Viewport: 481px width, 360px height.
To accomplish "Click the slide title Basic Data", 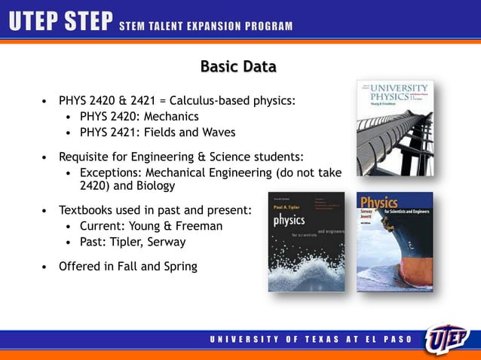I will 238,67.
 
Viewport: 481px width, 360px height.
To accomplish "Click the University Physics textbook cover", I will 395,128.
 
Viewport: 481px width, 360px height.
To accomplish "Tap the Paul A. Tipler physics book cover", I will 306,242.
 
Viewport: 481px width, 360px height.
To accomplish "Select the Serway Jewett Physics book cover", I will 394,242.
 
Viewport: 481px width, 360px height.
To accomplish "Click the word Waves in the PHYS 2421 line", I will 218,133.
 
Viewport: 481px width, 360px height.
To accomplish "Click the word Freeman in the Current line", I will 198,226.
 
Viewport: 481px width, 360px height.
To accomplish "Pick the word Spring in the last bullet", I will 180,265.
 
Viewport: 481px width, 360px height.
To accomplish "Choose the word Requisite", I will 86,157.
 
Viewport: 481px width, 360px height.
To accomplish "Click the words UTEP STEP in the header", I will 60,23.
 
